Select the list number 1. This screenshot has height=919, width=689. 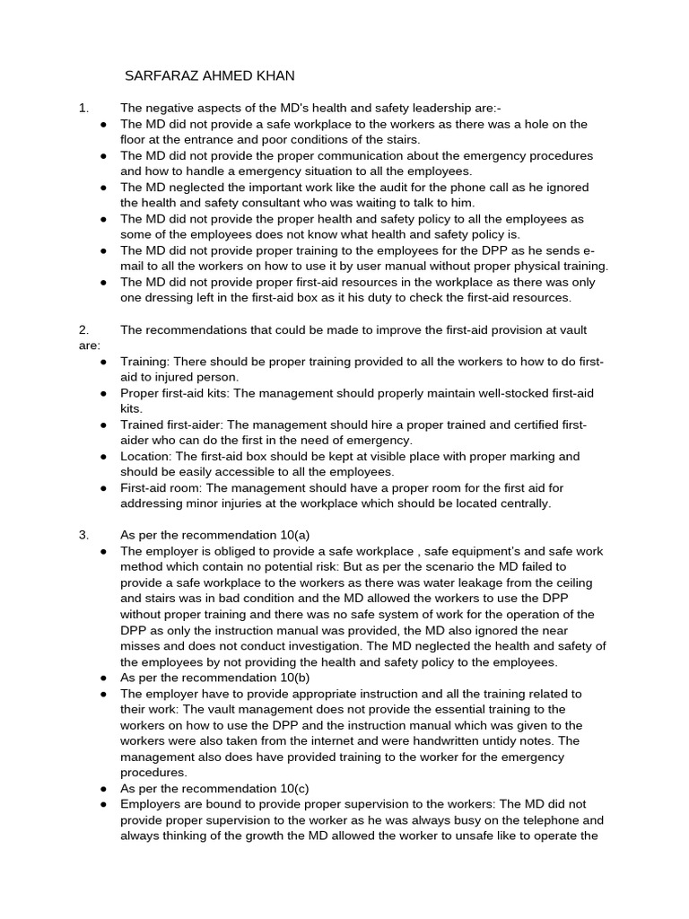pyautogui.click(x=83, y=109)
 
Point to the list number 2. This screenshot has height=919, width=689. pyautogui.click(x=83, y=330)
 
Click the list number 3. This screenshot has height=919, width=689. pyautogui.click(x=83, y=536)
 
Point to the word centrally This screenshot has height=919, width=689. pyautogui.click(x=519, y=504)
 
